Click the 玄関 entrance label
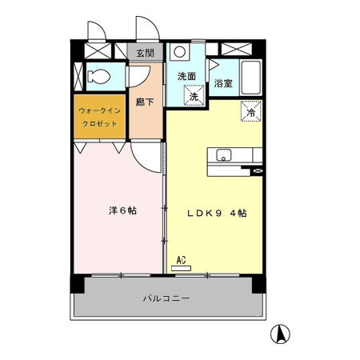pos(146,53)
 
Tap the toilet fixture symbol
pos(99,78)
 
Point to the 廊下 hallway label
pos(145,102)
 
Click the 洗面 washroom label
pos(186,76)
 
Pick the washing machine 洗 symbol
pos(194,94)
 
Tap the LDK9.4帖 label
pos(216,214)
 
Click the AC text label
pos(181,259)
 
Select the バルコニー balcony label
pos(166,298)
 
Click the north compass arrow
pos(282,332)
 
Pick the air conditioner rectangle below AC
pos(182,268)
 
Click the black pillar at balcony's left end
pos(77,282)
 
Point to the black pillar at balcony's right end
pos(257,282)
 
